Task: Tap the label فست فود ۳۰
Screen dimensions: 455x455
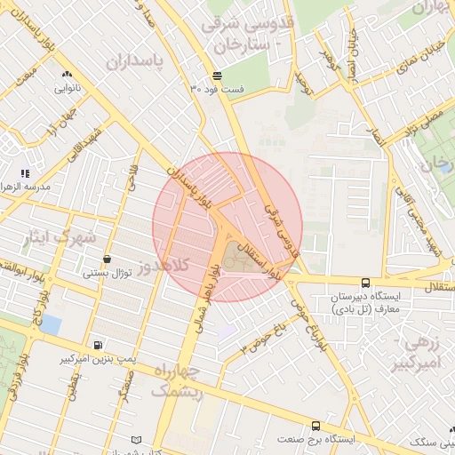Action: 217,89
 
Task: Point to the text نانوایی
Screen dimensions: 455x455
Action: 68,88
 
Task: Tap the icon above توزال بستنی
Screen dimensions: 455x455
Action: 108,259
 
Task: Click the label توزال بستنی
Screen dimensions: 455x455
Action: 108,273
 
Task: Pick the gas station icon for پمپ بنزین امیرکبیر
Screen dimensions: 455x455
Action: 97,345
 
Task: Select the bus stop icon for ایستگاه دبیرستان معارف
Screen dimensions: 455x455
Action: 366,282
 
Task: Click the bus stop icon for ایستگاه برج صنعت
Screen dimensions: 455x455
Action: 316,426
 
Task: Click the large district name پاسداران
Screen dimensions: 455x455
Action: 137,61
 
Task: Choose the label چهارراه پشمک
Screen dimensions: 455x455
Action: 178,379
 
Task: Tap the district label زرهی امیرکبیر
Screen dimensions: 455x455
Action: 423,353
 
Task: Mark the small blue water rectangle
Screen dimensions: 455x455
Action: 51,324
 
